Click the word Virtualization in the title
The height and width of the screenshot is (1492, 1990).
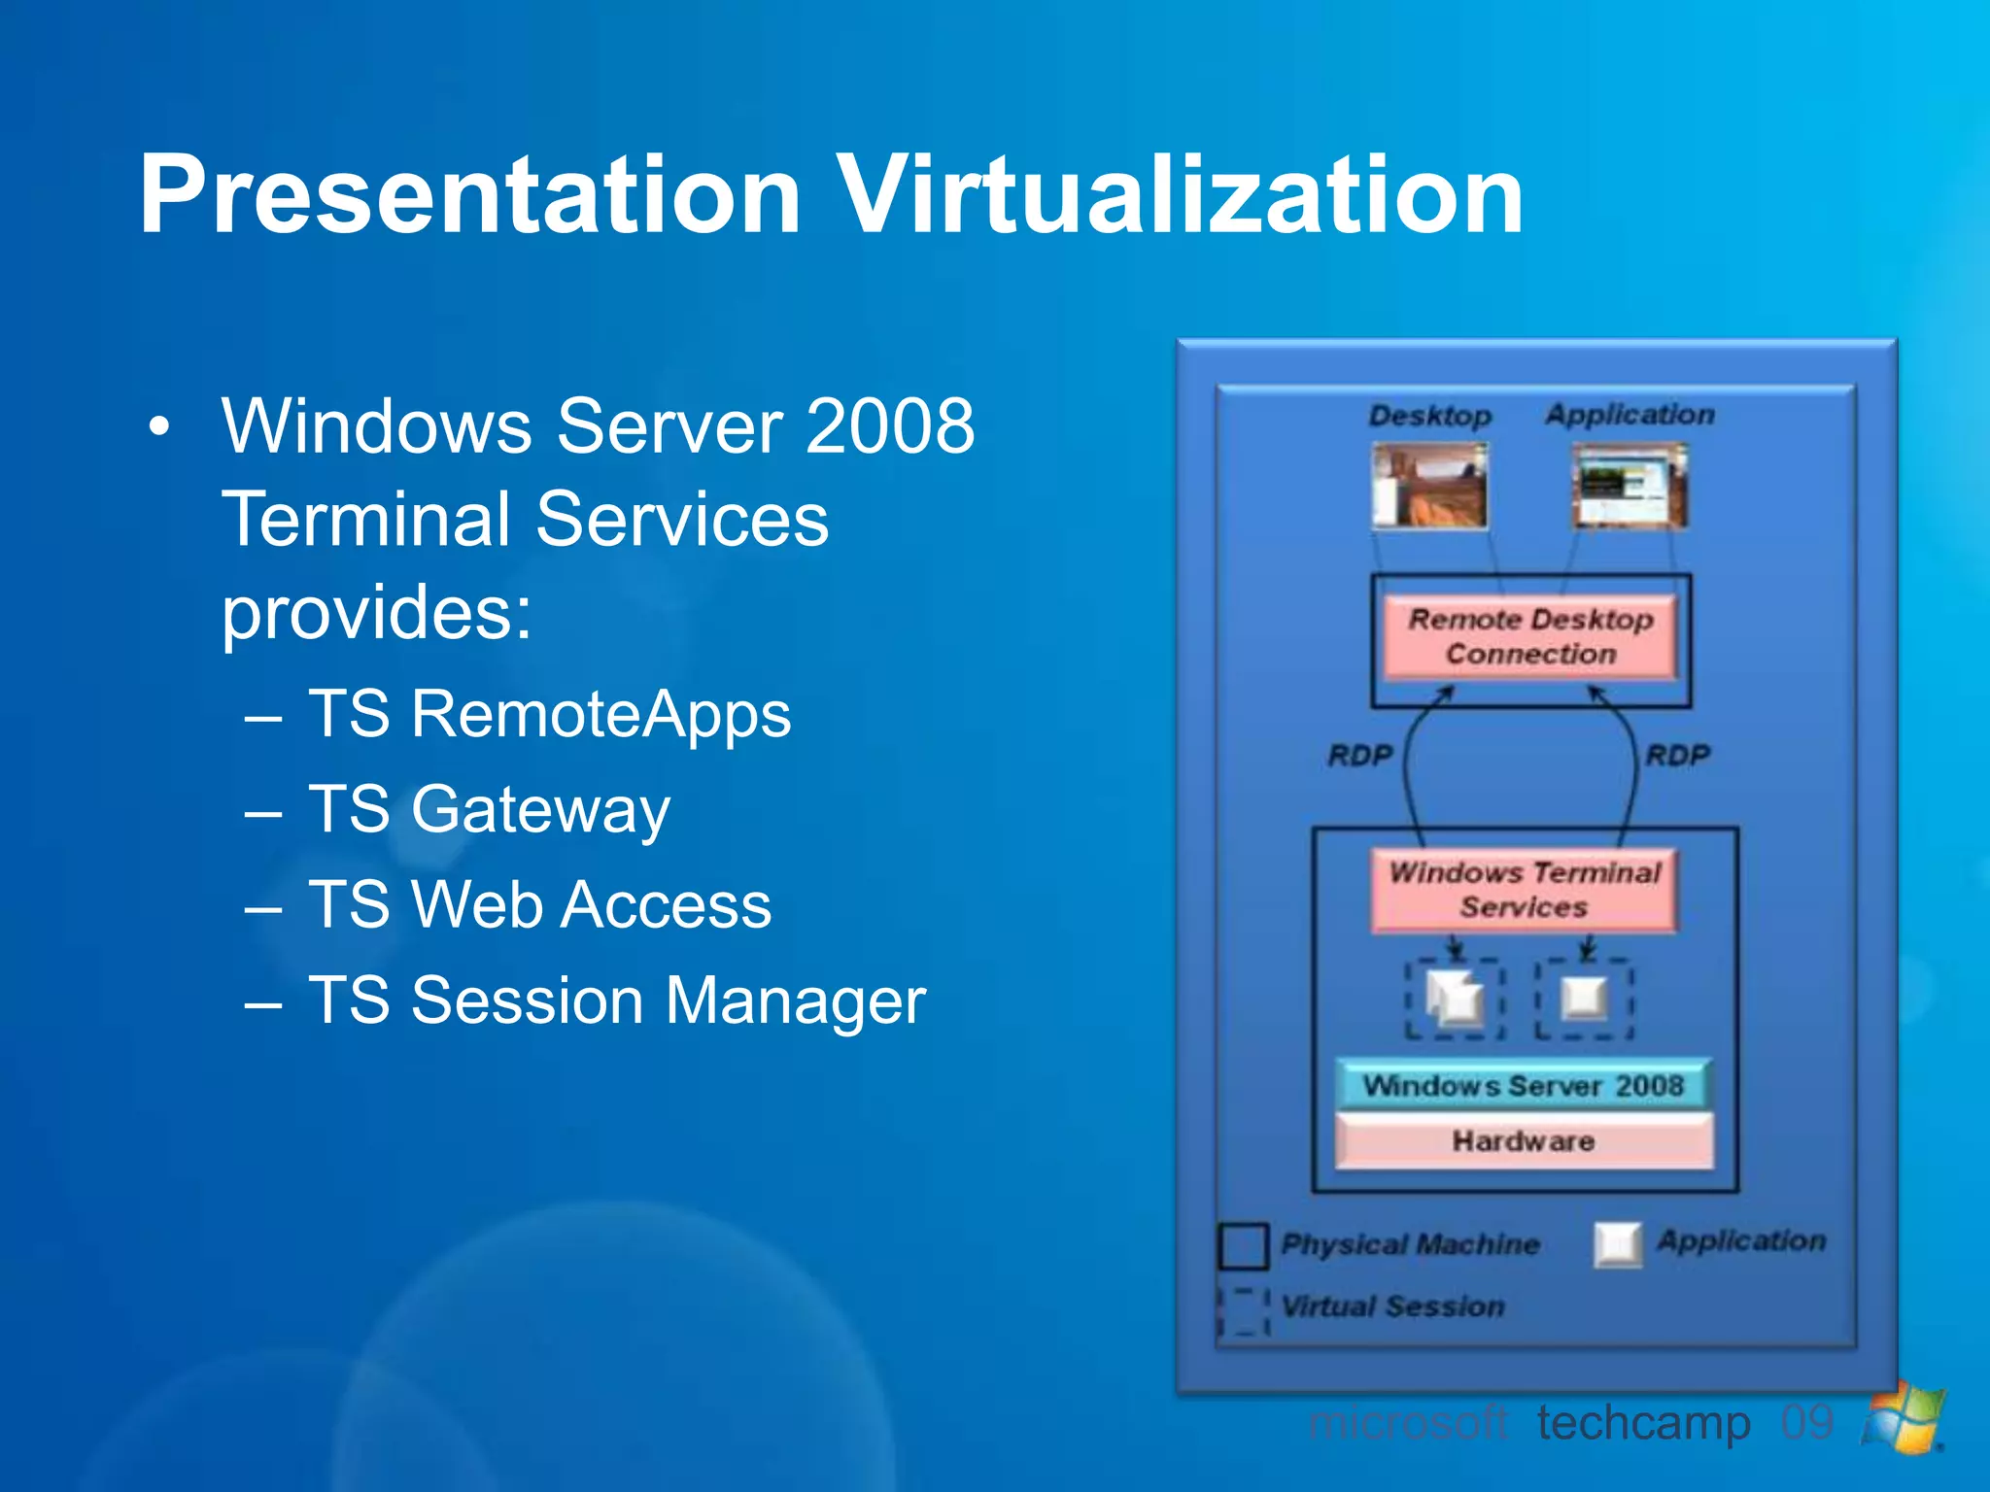tap(1181, 196)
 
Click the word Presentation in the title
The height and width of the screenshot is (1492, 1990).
tap(470, 196)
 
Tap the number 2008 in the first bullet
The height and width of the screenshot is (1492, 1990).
tap(889, 426)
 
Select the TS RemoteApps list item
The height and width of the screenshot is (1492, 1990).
tap(549, 715)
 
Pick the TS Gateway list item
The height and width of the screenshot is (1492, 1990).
tap(489, 809)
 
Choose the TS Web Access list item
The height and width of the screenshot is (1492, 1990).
tap(539, 904)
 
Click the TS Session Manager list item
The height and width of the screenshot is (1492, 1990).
tap(616, 1000)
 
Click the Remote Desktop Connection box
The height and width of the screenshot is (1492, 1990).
tap(1529, 637)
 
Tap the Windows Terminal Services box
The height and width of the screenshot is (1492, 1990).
tap(1524, 890)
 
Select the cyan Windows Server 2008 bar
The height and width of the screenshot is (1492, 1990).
tap(1523, 1085)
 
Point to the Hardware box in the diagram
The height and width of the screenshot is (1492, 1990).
tap(1523, 1140)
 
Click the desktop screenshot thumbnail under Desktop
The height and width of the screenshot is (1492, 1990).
tap(1428, 486)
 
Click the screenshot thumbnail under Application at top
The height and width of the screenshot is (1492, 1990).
tap(1630, 486)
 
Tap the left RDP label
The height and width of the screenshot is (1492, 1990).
tap(1359, 755)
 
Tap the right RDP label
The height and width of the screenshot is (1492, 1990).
tap(1677, 755)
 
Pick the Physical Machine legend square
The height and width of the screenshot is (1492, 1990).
tap(1243, 1246)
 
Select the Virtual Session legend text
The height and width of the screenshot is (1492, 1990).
tap(1392, 1306)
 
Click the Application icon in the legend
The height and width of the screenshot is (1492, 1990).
tap(1618, 1244)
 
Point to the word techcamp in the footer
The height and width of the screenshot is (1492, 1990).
tap(1643, 1424)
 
